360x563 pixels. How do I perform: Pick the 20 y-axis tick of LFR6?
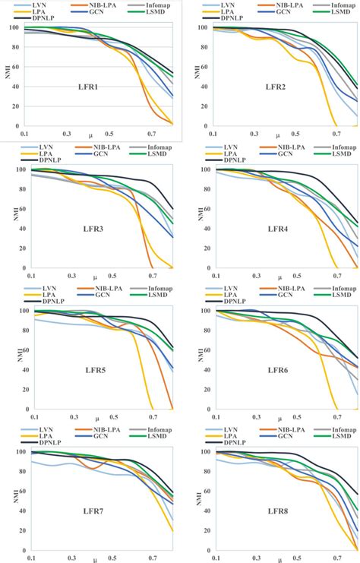coord(204,391)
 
